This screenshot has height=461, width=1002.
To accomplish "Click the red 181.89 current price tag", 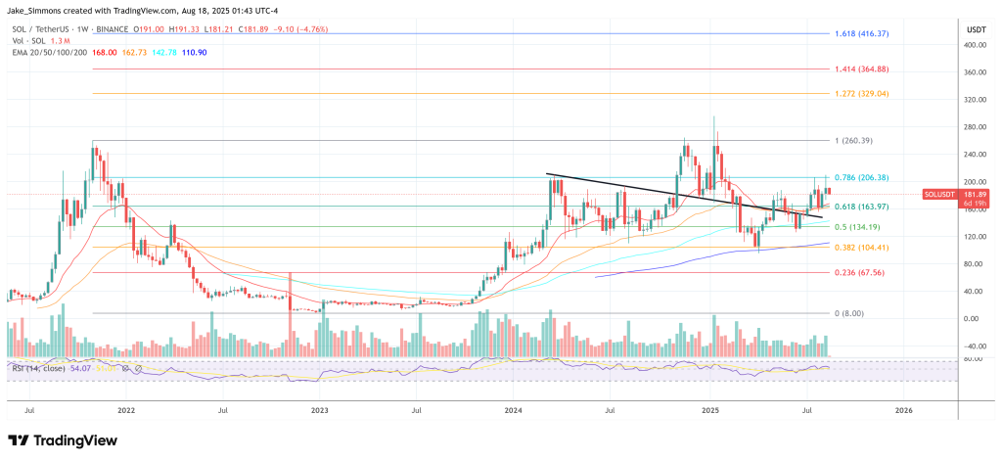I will click(x=947, y=194).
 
